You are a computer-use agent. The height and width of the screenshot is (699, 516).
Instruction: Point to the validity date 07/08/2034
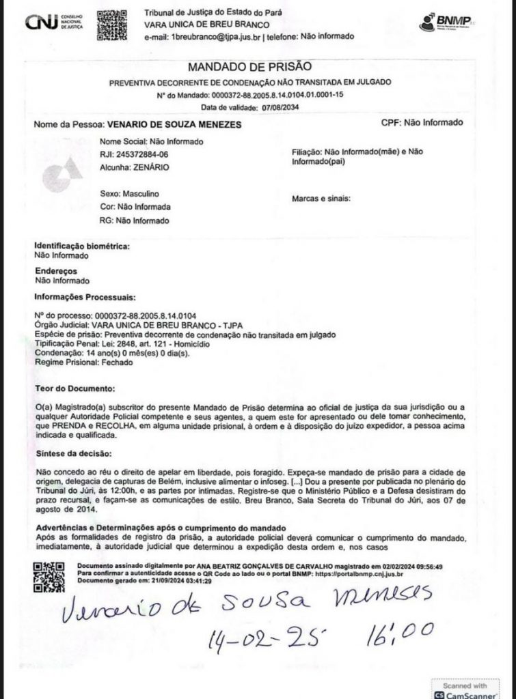pyautogui.click(x=277, y=108)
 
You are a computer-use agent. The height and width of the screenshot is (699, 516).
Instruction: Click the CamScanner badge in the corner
pyautogui.click(x=465, y=687)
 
